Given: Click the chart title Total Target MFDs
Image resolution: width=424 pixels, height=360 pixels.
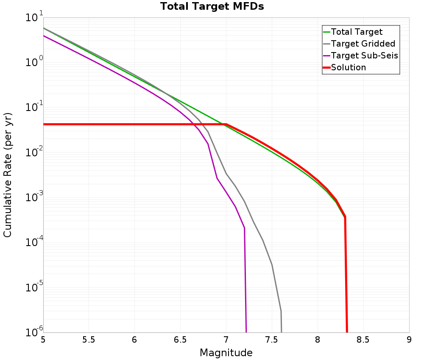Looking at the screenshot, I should tap(212, 6).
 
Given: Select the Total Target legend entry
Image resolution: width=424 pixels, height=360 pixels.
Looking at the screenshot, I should tap(357, 32).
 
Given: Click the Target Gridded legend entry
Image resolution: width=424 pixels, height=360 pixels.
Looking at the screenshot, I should tap(363, 44).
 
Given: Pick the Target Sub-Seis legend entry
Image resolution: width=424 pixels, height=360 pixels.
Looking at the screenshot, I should tap(364, 55).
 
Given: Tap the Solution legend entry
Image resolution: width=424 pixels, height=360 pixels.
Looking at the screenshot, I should tap(348, 67).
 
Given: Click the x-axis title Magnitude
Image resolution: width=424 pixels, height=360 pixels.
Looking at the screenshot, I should tap(226, 352).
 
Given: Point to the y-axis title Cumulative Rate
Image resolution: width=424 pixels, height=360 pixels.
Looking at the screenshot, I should tap(8, 175).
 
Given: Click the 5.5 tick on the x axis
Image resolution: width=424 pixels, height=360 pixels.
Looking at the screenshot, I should tap(89, 340).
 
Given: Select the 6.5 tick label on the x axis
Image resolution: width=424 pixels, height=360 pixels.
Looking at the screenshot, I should tap(180, 340).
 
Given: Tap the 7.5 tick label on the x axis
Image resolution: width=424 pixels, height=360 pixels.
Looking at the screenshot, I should tap(272, 340).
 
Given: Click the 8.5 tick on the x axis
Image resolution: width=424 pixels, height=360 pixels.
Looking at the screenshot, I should tap(363, 340).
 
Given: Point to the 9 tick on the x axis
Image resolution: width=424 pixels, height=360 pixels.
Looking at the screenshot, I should tap(409, 340).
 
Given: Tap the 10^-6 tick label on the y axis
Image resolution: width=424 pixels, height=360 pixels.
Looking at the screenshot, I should tap(33, 331).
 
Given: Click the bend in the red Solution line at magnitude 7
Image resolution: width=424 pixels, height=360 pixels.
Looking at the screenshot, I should tap(226, 124).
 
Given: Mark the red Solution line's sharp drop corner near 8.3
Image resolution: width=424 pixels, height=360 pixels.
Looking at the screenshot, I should tap(345, 216).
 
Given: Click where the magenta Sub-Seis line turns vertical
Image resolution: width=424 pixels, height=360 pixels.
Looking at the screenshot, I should tap(245, 228).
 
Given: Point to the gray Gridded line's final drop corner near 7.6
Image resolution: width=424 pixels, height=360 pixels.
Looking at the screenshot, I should tap(281, 311).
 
